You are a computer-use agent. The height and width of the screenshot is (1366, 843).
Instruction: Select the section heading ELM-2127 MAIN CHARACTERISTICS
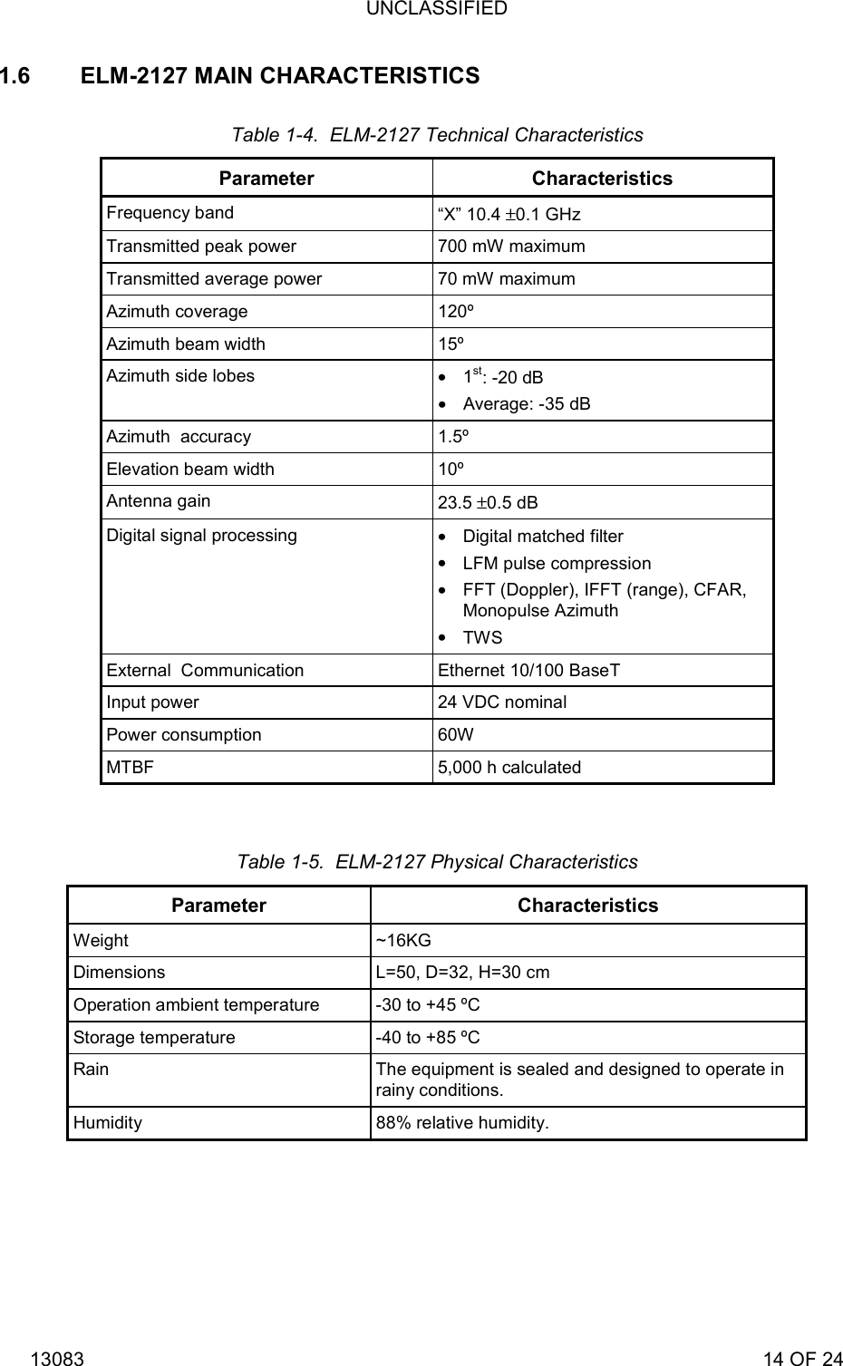280,76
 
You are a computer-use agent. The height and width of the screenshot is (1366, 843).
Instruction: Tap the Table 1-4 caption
437,135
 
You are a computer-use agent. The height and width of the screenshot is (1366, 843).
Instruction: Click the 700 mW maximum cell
511,247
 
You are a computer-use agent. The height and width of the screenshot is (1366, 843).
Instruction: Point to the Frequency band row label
170,213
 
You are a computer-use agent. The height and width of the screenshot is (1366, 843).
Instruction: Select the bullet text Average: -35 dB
527,404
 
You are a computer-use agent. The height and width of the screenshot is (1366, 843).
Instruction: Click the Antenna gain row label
158,501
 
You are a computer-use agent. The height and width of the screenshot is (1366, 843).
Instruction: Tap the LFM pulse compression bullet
557,564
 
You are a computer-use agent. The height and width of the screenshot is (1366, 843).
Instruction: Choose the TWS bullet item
482,638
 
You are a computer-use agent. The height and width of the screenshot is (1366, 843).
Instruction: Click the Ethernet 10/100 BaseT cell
528,671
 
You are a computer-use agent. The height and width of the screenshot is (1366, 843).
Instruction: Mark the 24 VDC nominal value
502,702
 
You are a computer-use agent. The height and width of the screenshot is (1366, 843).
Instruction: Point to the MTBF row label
130,768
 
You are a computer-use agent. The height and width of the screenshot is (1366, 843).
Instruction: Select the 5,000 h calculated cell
509,768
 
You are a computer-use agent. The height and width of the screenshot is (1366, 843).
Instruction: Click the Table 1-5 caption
437,862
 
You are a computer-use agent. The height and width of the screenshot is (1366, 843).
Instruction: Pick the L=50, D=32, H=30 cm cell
462,973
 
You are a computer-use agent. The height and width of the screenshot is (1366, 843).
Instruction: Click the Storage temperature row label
154,1038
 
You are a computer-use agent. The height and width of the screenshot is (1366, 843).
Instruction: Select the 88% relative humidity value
462,1123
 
